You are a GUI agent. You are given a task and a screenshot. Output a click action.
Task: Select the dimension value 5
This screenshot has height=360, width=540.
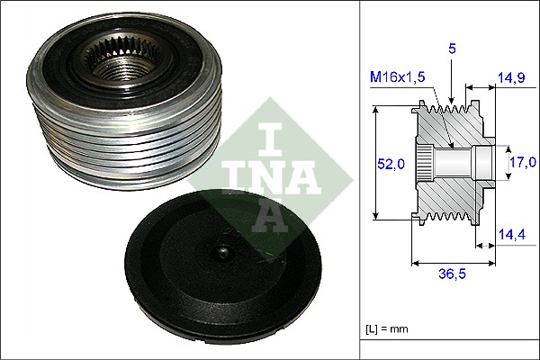coord(453,48)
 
